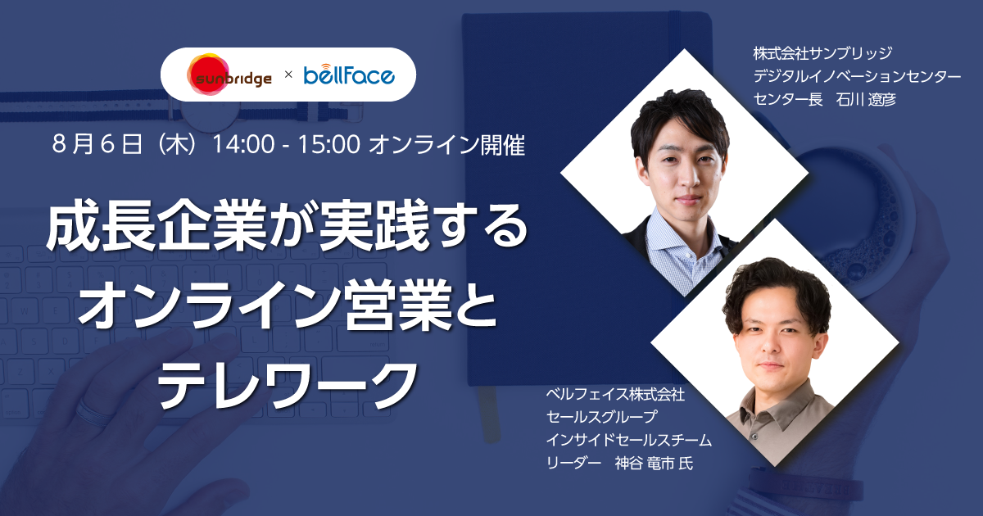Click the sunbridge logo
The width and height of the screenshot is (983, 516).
pos(229,75)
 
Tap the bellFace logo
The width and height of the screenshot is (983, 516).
pos(349,75)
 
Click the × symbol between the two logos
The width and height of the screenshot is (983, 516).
pos(288,75)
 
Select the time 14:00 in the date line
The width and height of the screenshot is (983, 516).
pos(243,144)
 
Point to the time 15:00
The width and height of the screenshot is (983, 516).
pos(329,144)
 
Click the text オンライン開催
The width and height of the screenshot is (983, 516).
pos(446,145)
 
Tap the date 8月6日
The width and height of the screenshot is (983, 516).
pos(97,144)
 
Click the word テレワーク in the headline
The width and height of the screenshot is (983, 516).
pos(287,383)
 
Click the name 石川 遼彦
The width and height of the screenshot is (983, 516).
pos(866,100)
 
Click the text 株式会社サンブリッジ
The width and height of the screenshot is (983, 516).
pos(822,53)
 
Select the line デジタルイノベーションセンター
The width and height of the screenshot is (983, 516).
pos(857,76)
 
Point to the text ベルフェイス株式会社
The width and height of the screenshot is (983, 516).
pos(615,394)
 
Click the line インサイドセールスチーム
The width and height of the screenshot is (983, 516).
pos(628,440)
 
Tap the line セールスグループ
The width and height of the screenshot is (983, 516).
pos(601,416)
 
